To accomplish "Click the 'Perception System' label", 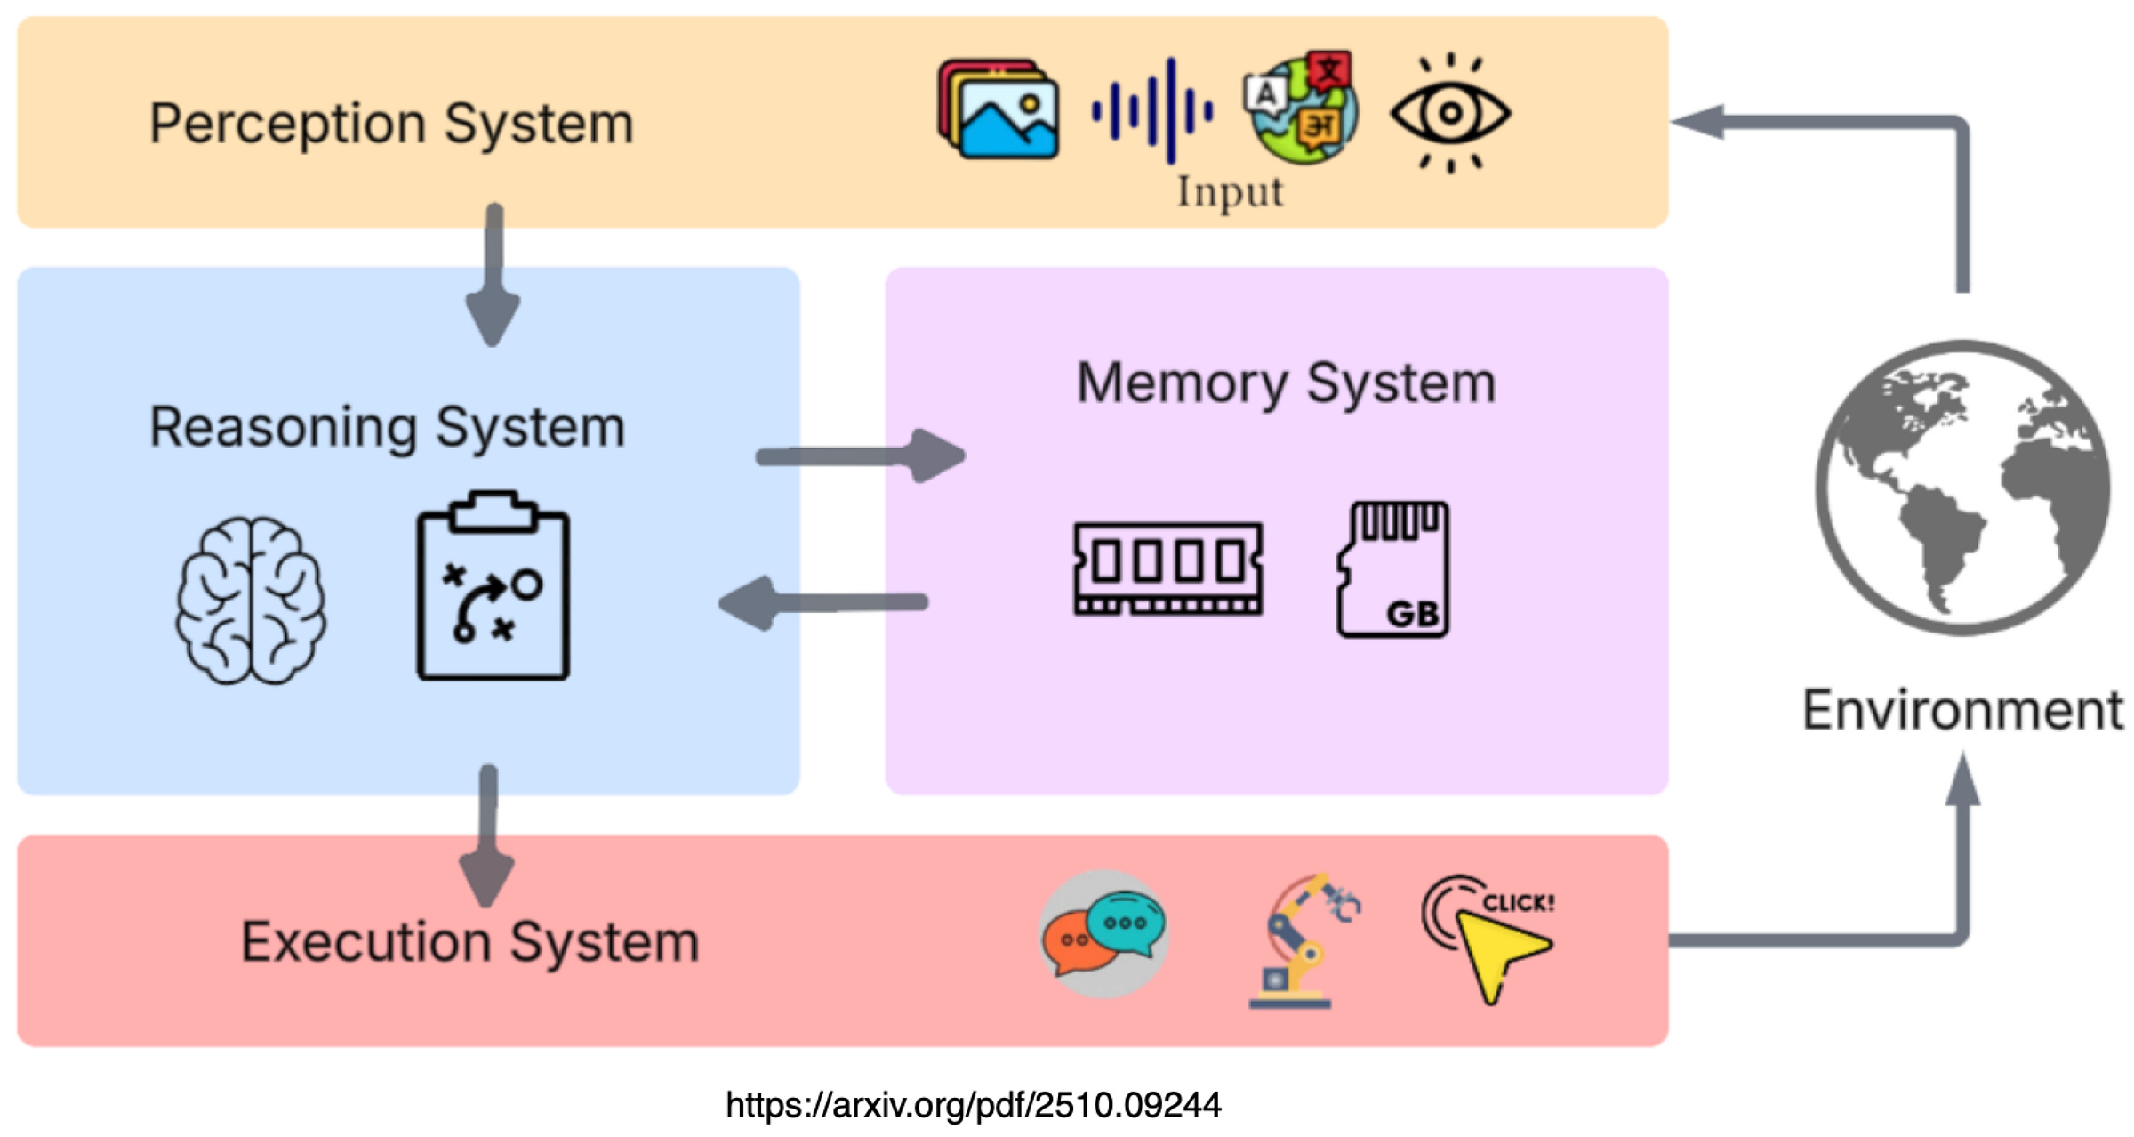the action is coord(391,124).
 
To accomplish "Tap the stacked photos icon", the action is coord(998,109).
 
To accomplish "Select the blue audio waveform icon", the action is coord(1151,111).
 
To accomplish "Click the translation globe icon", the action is coord(1301,107).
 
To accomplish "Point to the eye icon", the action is coord(1450,113).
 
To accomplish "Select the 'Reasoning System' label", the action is coord(388,428).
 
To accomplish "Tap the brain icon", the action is coord(251,601).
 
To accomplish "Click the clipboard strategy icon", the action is coord(493,585).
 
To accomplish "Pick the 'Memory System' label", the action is coord(1286,383).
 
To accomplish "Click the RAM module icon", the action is coord(1168,568).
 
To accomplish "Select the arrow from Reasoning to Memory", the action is coord(861,456).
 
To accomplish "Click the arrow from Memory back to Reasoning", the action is coord(822,603).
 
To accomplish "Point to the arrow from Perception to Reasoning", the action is coord(493,275).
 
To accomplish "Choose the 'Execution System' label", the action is coord(470,942).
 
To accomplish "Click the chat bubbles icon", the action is coord(1103,934).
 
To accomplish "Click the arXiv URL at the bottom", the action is coord(974,1105).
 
